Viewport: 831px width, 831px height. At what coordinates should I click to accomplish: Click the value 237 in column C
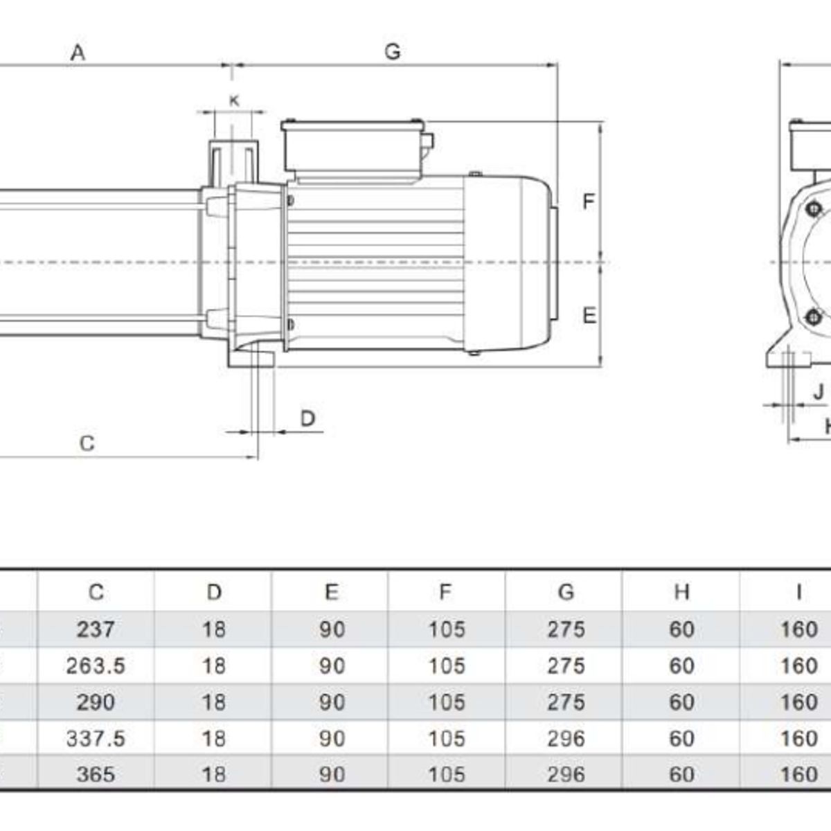click(x=96, y=629)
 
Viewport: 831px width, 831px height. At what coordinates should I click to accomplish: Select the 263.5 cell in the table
click(x=96, y=665)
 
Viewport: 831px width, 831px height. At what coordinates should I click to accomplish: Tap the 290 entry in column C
click(x=96, y=702)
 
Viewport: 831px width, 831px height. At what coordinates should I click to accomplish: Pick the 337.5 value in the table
click(x=96, y=738)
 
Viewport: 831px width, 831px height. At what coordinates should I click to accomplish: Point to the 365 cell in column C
click(x=96, y=774)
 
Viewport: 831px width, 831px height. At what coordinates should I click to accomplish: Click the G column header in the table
click(x=566, y=592)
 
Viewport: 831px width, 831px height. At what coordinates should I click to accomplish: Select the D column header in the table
click(x=214, y=592)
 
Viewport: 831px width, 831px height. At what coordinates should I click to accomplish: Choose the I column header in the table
click(x=798, y=592)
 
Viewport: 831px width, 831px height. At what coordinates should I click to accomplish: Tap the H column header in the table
click(x=681, y=592)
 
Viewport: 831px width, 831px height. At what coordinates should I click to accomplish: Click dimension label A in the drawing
click(x=78, y=52)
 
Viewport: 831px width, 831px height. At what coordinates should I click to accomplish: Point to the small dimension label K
click(x=234, y=100)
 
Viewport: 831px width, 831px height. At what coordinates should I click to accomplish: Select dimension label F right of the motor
click(x=588, y=202)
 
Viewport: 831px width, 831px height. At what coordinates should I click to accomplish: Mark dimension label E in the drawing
click(x=589, y=316)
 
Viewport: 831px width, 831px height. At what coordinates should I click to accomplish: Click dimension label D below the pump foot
click(x=307, y=418)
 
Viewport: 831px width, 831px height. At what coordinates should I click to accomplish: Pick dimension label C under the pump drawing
click(x=87, y=443)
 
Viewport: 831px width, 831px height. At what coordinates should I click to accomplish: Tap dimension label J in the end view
click(x=819, y=392)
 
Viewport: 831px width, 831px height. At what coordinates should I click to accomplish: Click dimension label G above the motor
click(x=393, y=51)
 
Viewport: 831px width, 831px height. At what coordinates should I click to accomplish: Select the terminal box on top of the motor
click(x=353, y=147)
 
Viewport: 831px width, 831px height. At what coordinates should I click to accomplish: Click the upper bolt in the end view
click(x=814, y=208)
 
